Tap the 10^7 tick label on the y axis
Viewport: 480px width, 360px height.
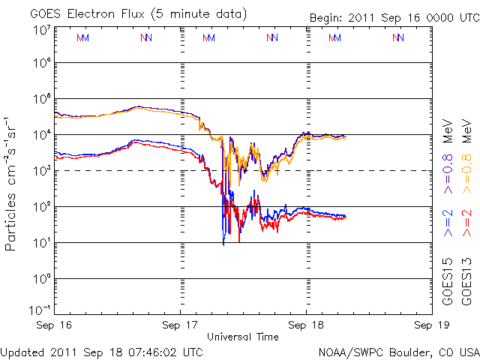[x=40, y=29]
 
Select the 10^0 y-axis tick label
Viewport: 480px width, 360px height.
[x=40, y=278]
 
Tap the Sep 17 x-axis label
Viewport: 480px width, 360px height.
[x=181, y=326]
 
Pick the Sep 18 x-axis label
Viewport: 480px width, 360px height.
[x=305, y=326]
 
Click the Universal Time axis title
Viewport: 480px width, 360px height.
[x=243, y=337]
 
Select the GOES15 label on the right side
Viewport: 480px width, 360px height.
[x=448, y=280]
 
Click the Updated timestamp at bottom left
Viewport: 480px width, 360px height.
[x=102, y=351]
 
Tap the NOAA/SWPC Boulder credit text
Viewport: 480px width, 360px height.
[x=398, y=351]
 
